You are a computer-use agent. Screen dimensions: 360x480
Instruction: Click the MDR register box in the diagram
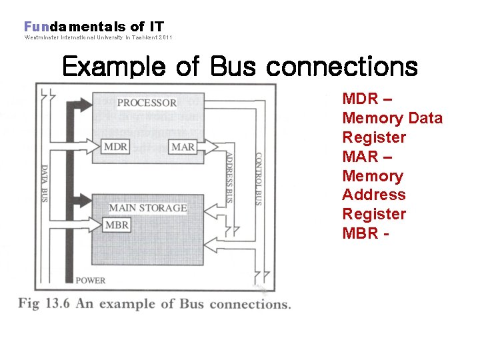pos(116,146)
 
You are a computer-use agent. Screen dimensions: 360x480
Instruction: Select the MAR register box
pos(183,147)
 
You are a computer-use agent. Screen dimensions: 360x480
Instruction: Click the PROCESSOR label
pos(147,103)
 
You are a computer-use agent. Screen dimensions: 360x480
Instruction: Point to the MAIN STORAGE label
pos(148,208)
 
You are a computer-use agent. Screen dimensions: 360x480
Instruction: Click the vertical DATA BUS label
pos(45,183)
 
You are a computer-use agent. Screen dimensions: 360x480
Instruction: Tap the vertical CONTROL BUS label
pos(259,179)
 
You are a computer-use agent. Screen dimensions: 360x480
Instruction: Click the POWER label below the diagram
pos(90,280)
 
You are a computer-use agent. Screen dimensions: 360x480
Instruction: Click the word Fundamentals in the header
pos(75,27)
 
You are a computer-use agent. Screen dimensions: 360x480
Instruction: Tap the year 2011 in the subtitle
pos(165,38)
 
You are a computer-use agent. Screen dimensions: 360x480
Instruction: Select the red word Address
pos(373,195)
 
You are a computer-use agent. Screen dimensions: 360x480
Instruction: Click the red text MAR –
pos(367,157)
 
